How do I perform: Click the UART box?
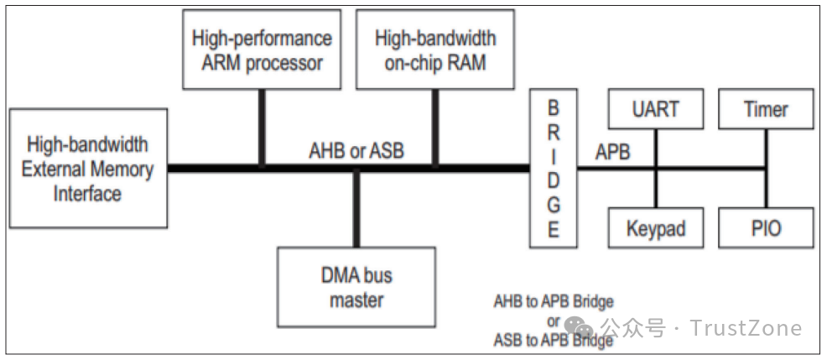click(x=657, y=109)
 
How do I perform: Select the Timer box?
click(x=766, y=109)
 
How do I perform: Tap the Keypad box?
click(x=657, y=228)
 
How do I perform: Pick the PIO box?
click(x=766, y=228)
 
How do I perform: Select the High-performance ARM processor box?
click(x=262, y=51)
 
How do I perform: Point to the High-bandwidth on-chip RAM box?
click(x=434, y=51)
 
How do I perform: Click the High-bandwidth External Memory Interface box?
click(x=87, y=169)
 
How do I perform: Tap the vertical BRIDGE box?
click(x=554, y=169)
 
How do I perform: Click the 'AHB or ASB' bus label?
click(x=356, y=151)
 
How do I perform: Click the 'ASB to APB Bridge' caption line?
click(x=553, y=340)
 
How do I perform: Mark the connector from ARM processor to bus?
click(x=262, y=126)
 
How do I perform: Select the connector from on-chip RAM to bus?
click(x=434, y=126)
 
